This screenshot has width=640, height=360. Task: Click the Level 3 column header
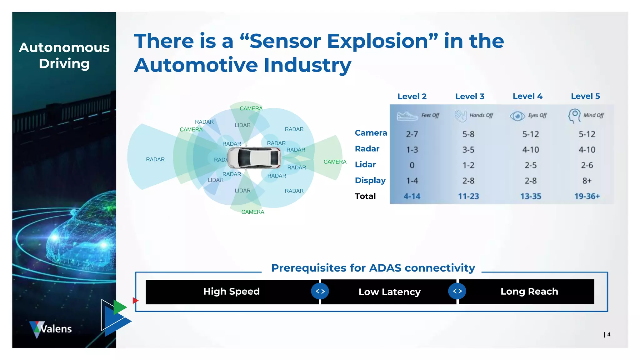point(469,96)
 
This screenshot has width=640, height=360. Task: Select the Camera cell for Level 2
point(412,134)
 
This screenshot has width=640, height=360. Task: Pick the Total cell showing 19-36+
point(587,196)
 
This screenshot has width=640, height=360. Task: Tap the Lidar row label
point(365,164)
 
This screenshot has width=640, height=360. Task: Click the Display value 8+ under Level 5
point(587,181)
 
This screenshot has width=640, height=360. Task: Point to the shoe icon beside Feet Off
point(407,116)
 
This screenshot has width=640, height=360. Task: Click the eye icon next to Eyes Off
point(517,116)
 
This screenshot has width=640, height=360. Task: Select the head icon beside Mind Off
point(574,115)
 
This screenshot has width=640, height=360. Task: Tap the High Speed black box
point(231,292)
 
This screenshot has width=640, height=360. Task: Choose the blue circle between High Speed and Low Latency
point(320,291)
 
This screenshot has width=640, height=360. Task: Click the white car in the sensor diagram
point(254,157)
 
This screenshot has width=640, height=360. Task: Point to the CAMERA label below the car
point(252,212)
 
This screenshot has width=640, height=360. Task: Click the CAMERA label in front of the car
point(335,162)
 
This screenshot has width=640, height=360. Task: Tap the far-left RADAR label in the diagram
point(155,159)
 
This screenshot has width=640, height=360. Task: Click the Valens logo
point(51,329)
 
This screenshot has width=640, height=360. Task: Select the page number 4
point(608,334)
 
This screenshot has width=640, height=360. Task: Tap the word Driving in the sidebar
point(64,63)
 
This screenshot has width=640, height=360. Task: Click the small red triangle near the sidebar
point(135,301)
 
